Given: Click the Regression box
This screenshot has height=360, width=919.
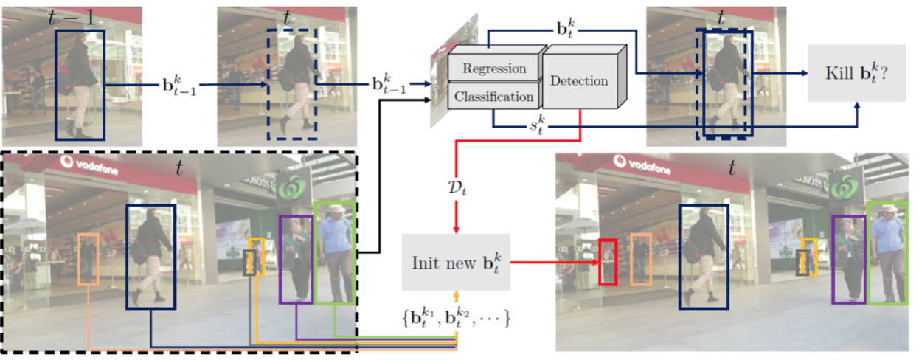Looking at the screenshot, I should coord(493,69).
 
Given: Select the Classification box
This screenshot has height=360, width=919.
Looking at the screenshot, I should coord(493,97).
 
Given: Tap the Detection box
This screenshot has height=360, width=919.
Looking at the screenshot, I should coord(579,81).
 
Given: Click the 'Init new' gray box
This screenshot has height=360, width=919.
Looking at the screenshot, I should coord(455,262).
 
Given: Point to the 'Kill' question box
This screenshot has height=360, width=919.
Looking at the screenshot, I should coord(856,74).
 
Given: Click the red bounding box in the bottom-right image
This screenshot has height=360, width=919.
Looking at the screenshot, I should coord(607,262).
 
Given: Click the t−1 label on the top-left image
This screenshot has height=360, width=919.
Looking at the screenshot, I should coord(74,18).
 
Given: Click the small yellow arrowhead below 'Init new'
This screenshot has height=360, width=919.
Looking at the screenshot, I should coord(458,295).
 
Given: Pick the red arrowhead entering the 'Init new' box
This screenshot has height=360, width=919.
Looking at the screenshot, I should coord(457,228).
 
